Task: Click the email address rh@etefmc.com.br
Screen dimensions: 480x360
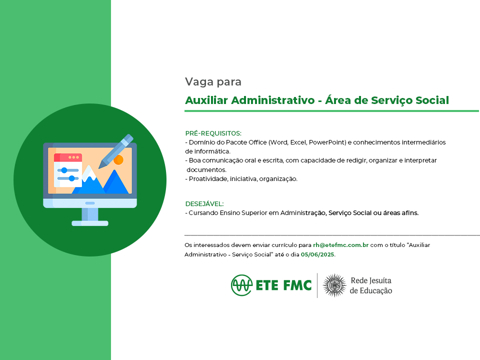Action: [x=340, y=245]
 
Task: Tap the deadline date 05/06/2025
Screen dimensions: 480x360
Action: [x=317, y=254]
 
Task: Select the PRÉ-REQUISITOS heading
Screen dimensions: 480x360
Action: [x=213, y=133]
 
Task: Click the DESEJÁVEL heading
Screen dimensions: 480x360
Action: [x=204, y=203]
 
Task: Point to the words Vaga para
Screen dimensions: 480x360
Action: [x=213, y=81]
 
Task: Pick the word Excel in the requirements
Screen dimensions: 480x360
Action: [x=298, y=142]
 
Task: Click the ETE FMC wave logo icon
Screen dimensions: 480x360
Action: [x=242, y=285]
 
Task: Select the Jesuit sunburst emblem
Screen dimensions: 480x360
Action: [x=334, y=285]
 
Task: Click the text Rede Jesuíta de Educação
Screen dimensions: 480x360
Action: [x=371, y=285]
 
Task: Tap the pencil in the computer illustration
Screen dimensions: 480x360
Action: [x=115, y=151]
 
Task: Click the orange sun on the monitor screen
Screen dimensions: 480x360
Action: [x=118, y=159]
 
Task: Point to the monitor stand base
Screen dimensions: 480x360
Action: [x=90, y=223]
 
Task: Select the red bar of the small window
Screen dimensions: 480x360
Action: [x=68, y=157]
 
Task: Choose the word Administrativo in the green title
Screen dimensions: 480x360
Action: [x=273, y=100]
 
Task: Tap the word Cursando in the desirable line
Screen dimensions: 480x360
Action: [x=203, y=213]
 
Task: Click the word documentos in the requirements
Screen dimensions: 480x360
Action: [x=206, y=169]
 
